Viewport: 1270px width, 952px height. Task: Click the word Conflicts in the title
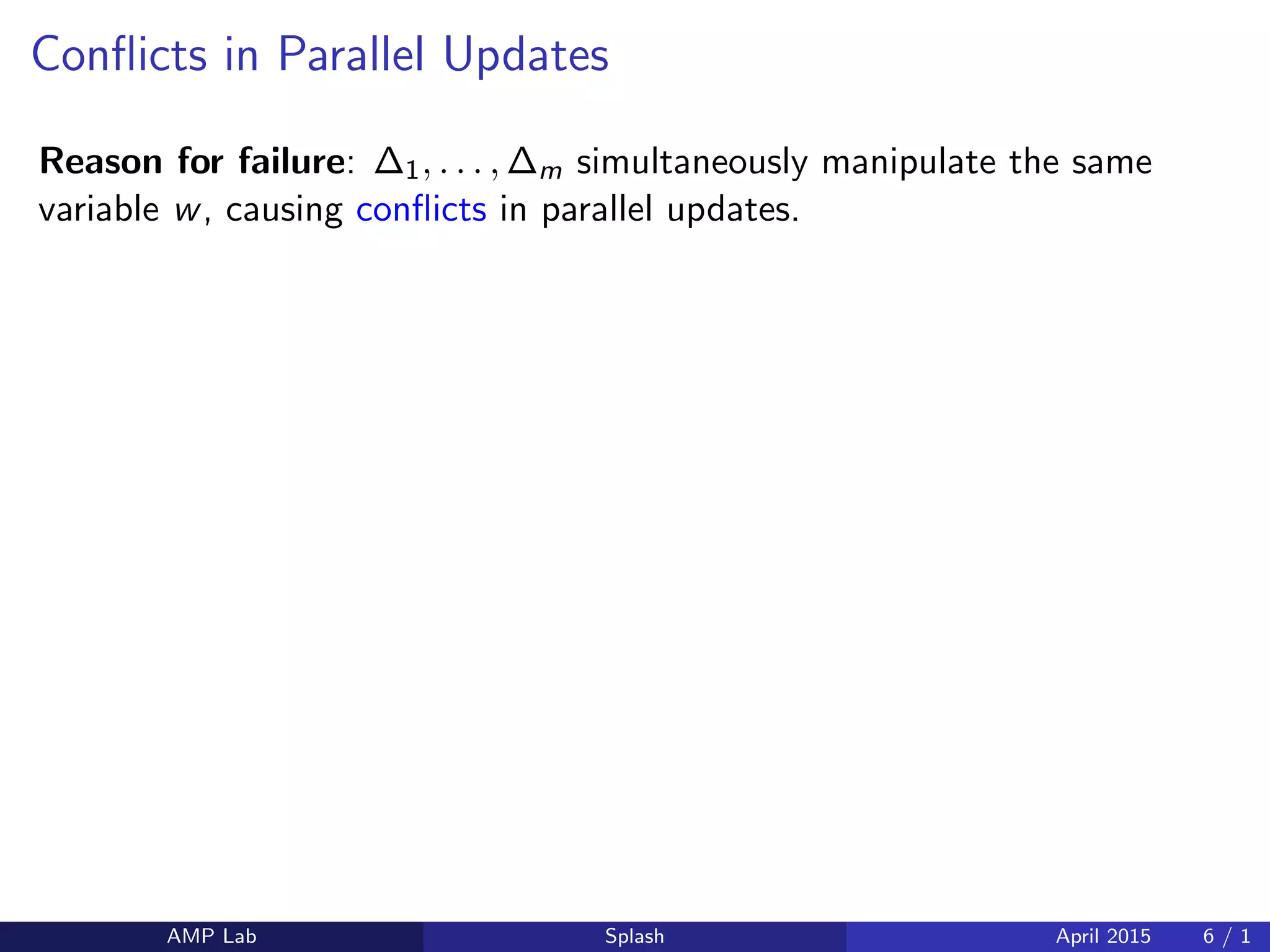tap(118, 55)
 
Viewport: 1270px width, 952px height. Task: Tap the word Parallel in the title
tap(350, 55)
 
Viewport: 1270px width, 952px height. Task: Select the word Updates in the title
tap(526, 56)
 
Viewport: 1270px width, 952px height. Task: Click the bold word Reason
tap(101, 162)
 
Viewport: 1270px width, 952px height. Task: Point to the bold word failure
tap(291, 162)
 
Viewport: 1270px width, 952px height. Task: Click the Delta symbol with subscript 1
tap(396, 164)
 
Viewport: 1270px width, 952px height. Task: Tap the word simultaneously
tap(692, 163)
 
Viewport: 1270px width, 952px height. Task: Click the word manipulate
tap(908, 163)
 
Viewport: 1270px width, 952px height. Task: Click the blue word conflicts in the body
tap(421, 209)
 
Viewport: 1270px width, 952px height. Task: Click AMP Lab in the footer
tap(211, 936)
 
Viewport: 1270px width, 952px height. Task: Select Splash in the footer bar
tap(634, 936)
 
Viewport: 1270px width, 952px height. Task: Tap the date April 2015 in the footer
tap(1103, 936)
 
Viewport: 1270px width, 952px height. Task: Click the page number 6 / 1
tap(1226, 936)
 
